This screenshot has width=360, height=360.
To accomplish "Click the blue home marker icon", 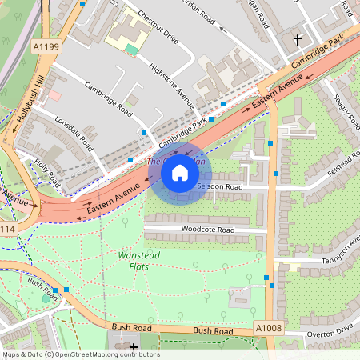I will tap(180, 173).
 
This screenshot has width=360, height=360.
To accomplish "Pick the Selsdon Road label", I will tap(219, 186).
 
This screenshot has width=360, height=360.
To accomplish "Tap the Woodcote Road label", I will tap(206, 230).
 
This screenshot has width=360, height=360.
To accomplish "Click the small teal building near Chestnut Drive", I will tap(131, 49).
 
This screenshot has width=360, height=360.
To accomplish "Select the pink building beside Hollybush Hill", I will tap(54, 95).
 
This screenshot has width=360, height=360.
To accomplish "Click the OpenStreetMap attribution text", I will tap(80, 354).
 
